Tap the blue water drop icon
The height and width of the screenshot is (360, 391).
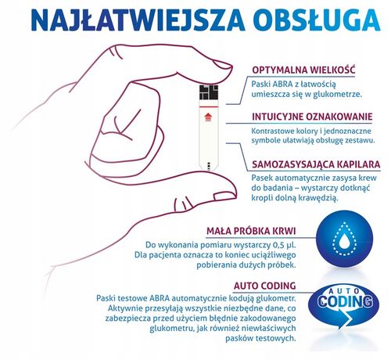(x=343, y=239)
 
